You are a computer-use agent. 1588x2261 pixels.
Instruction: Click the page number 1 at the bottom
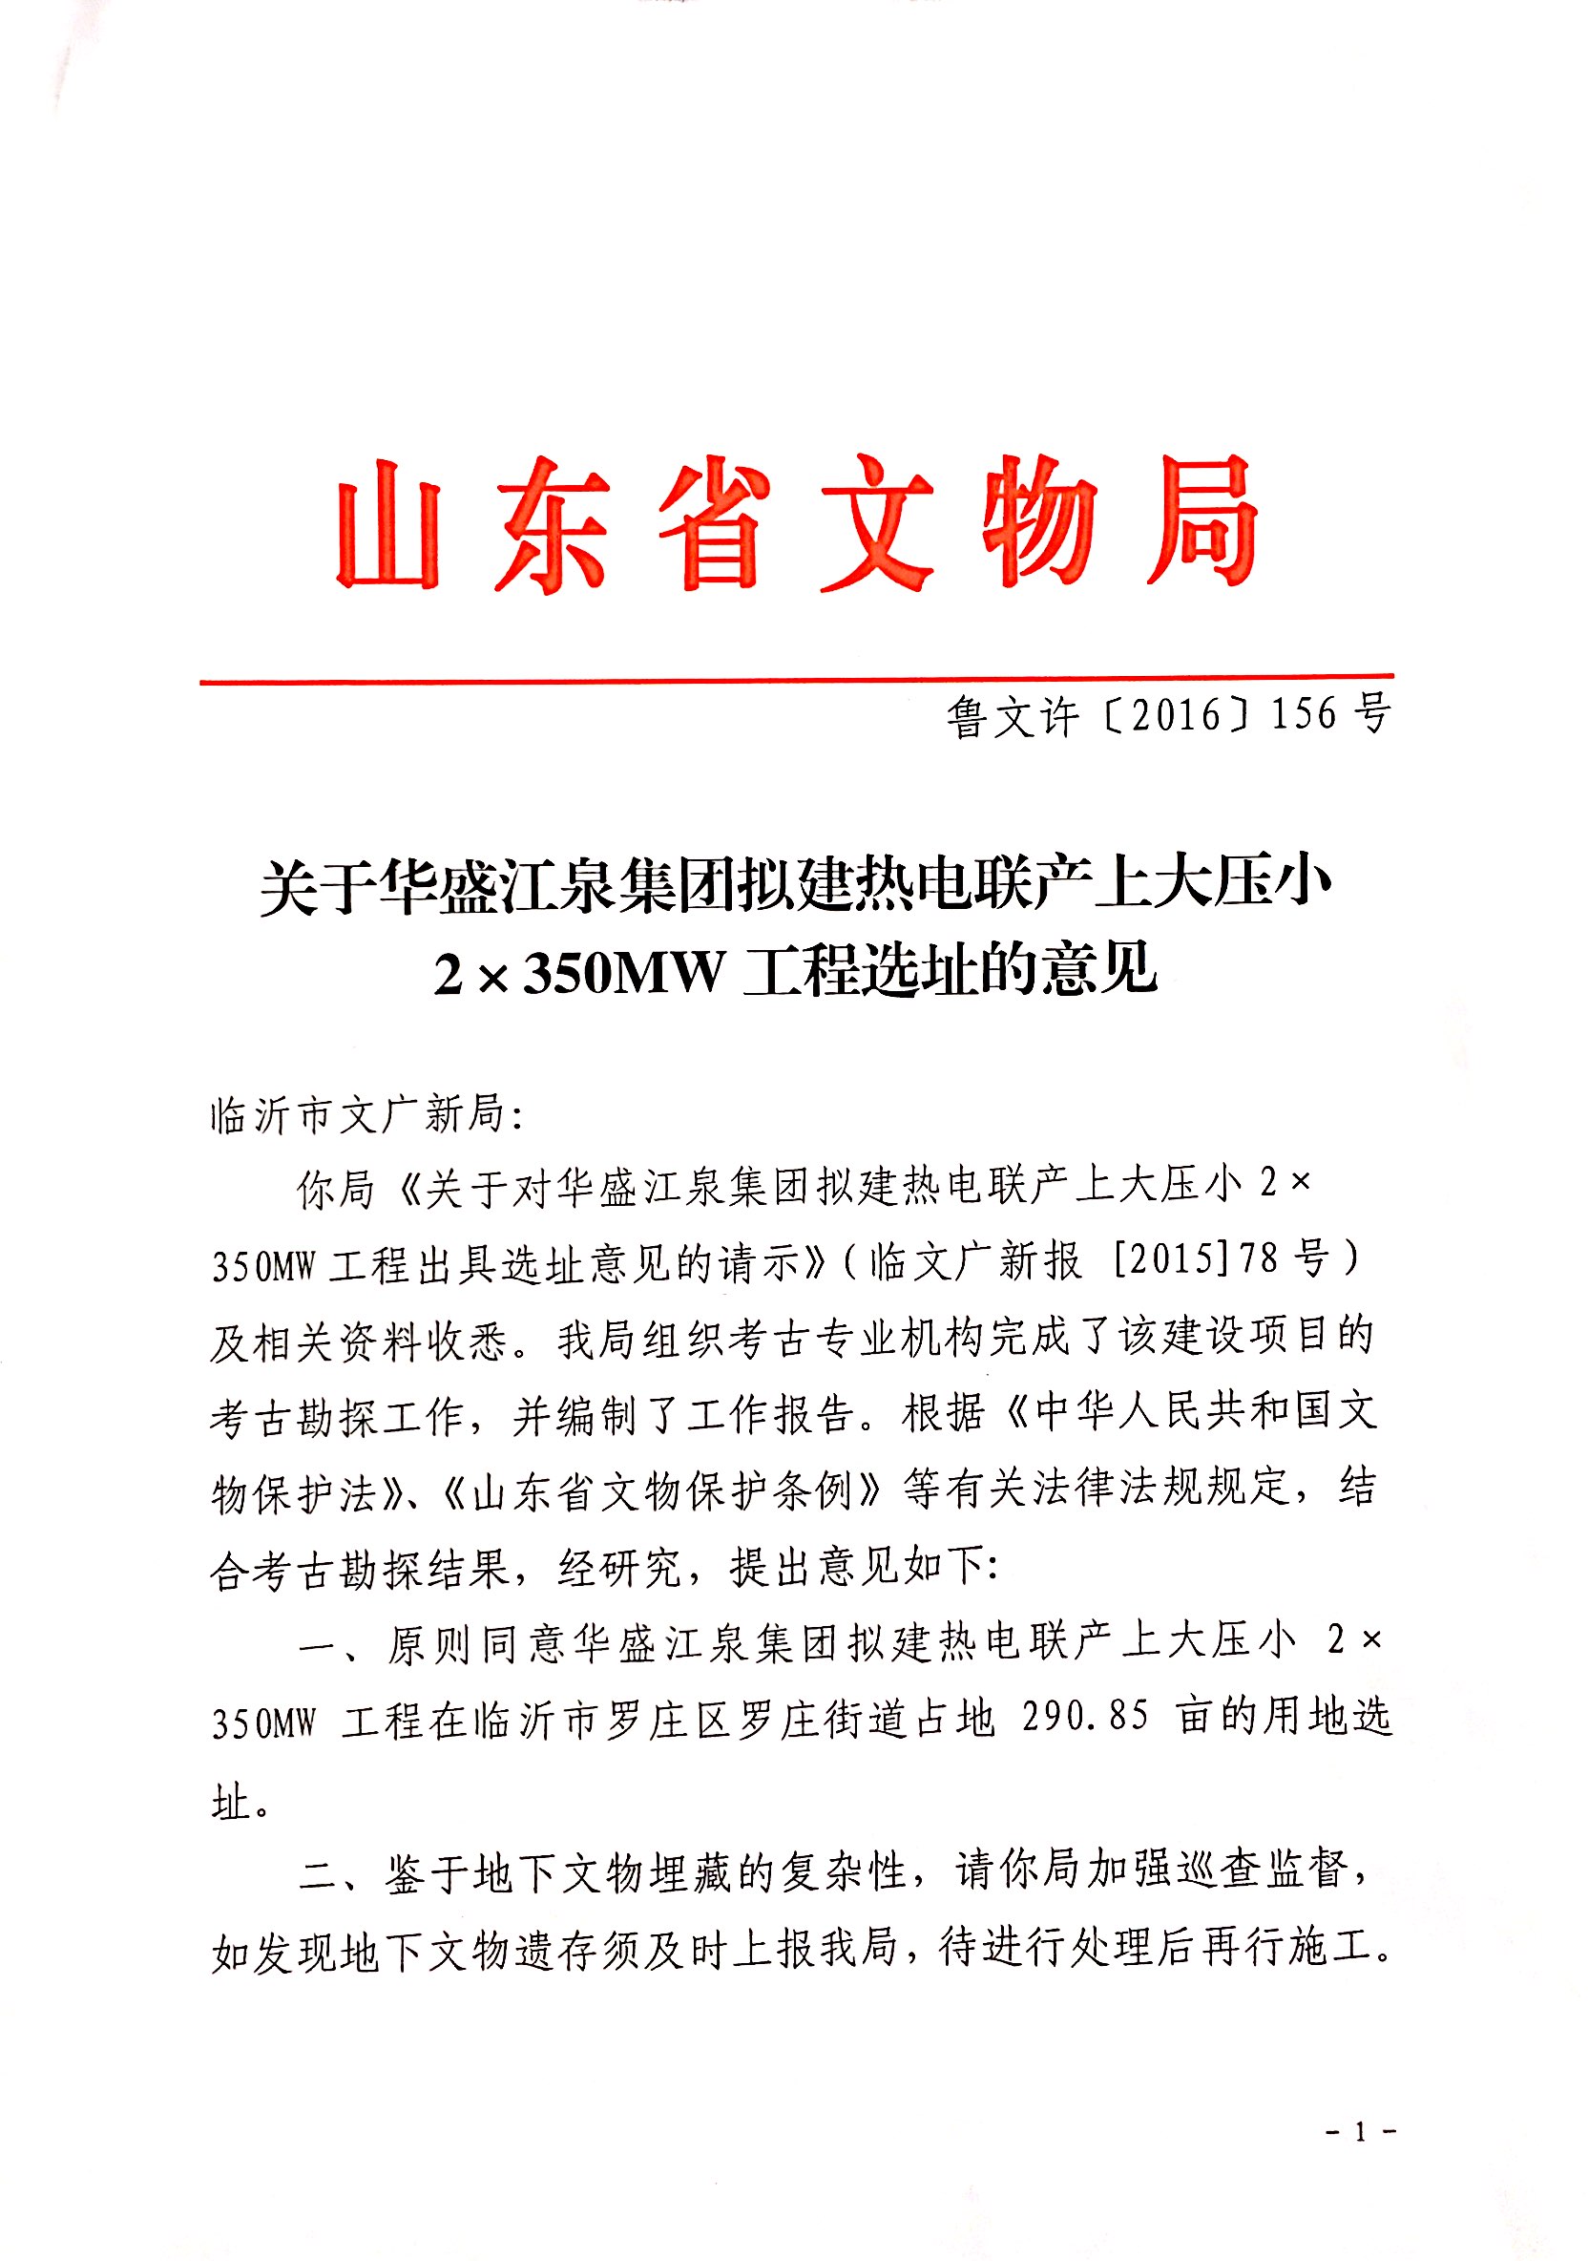1361,2133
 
